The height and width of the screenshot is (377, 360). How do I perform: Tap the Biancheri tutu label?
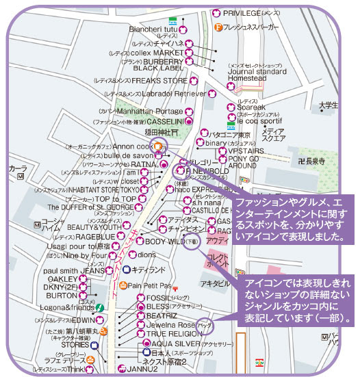[154, 29]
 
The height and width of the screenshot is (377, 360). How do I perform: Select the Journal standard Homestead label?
[257, 73]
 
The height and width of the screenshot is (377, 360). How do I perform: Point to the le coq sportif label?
[259, 120]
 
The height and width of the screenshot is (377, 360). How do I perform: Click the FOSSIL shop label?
[157, 298]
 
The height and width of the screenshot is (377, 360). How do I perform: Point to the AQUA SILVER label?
[175, 343]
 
